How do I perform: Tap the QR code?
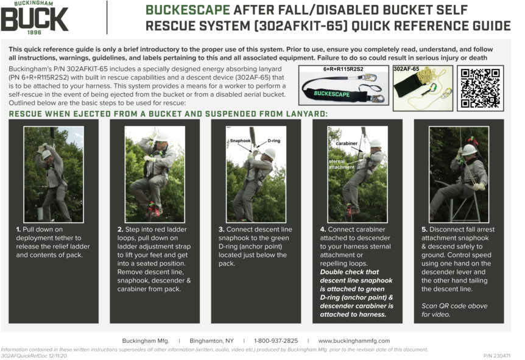coord(481,88)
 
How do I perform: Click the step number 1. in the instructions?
coord(19,229)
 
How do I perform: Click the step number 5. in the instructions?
coord(425,229)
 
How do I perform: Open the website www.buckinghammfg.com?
coord(354,341)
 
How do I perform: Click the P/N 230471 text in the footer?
coord(496,355)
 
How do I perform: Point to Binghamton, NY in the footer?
coord(211,341)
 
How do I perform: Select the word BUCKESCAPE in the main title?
coord(188,10)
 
